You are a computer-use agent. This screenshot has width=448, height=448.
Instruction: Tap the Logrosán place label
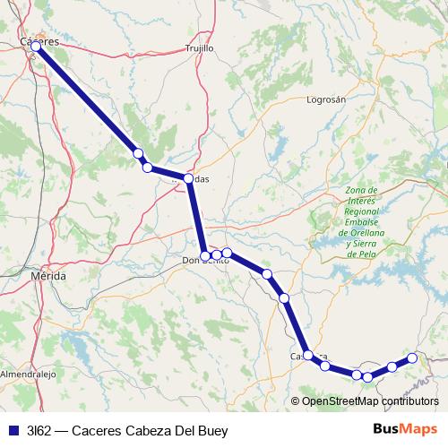coord(325,99)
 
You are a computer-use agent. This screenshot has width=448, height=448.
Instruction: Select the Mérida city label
coord(47,277)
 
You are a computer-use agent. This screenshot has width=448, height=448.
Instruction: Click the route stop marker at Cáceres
coord(36,46)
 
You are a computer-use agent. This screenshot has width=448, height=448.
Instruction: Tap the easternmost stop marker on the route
coord(412,358)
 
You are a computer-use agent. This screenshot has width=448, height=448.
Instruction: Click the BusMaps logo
coord(406,430)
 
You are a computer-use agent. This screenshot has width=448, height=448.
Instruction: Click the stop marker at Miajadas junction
coord(188,178)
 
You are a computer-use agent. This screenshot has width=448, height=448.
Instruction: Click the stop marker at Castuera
coord(308,355)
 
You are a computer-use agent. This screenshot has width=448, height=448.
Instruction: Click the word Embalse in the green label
coord(363,221)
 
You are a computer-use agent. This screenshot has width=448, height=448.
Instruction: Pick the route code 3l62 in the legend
coord(37,430)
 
